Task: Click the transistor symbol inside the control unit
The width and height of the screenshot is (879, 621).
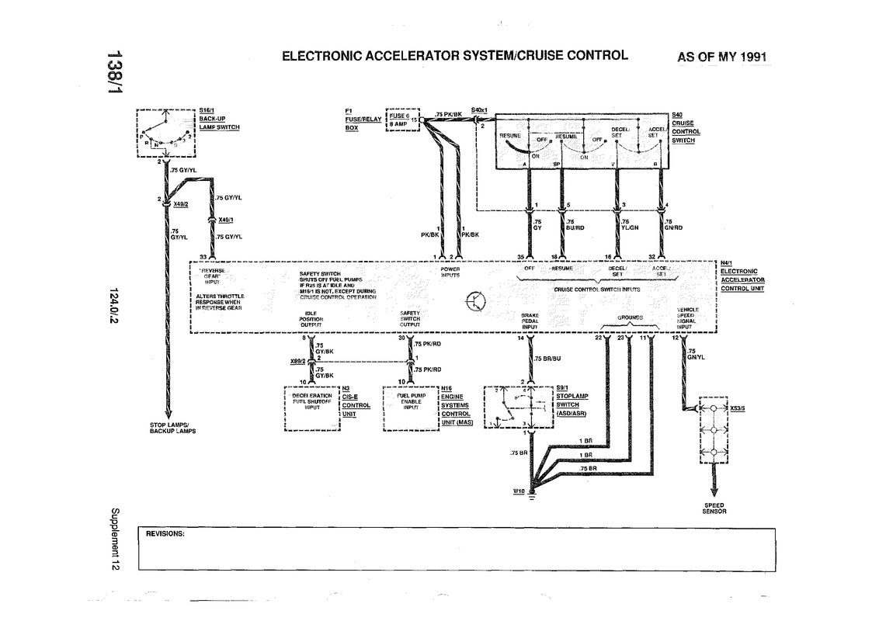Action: [x=474, y=301]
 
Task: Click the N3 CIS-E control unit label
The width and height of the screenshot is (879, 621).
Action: [x=355, y=400]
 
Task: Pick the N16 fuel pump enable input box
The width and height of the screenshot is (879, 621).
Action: [x=410, y=407]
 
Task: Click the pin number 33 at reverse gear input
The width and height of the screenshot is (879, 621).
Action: [x=203, y=256]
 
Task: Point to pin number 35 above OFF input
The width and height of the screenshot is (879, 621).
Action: [x=521, y=256]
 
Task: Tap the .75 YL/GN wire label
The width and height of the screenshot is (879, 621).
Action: [x=629, y=224]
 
